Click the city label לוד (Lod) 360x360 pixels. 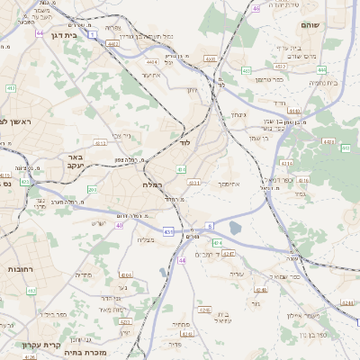185,143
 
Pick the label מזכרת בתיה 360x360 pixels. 86,353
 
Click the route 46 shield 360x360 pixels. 256,8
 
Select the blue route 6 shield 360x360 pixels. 210,227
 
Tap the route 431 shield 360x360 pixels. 167,232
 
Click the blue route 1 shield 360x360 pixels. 92,34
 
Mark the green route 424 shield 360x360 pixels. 216,243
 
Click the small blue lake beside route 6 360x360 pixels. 236,229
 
